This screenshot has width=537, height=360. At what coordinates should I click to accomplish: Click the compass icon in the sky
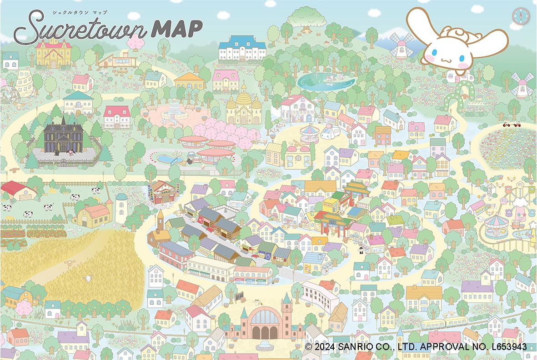[x=518, y=16]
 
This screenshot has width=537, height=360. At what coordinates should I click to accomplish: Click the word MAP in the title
[x=176, y=29]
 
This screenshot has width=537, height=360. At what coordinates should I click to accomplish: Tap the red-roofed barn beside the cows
[x=18, y=190]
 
